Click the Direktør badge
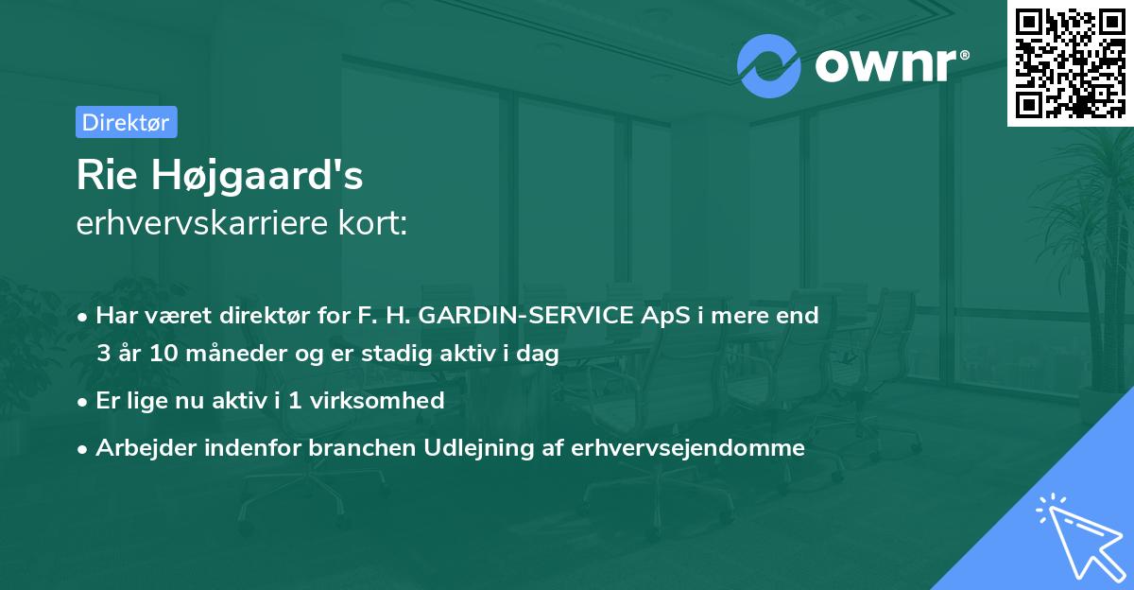(x=126, y=122)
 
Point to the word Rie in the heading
(x=102, y=177)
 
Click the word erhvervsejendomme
(x=688, y=448)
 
